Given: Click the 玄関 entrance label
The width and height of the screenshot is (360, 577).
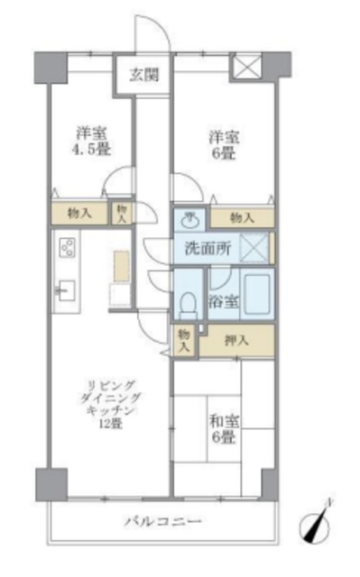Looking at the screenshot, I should click(x=143, y=75).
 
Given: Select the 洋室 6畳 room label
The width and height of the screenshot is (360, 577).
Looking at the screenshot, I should click(x=226, y=144).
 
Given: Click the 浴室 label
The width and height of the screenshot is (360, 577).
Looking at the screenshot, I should click(x=225, y=301).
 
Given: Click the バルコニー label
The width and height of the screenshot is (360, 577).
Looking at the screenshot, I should click(x=163, y=522).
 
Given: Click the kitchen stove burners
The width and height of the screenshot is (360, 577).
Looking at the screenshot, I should click(x=67, y=246).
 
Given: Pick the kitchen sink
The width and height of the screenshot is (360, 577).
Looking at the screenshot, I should click(x=65, y=290).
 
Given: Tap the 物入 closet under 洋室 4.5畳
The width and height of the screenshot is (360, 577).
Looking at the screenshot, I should click(x=79, y=213).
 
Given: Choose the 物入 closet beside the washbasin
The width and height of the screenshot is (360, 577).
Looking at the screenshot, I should click(x=241, y=217).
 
